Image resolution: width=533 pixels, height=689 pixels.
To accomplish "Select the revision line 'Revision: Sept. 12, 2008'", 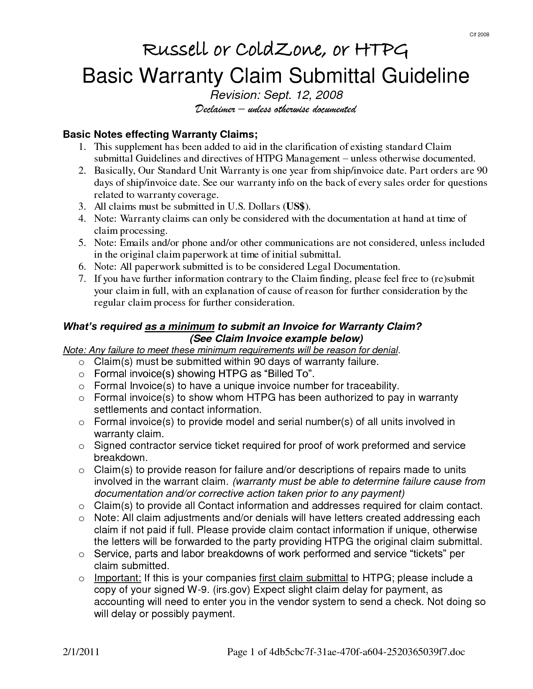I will pos(266,95).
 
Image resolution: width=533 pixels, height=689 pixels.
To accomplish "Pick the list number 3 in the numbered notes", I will pos(82,206).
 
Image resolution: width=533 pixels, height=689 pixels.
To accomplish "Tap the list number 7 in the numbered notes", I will pos(82,279).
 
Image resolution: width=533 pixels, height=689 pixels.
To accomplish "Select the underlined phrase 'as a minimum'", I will pos(180,327).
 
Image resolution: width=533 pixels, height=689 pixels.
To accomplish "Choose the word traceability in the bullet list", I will pos(365,385).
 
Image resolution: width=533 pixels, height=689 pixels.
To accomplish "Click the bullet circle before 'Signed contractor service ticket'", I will pos(82,446).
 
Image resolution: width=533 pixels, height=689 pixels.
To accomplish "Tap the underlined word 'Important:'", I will pos(117,578).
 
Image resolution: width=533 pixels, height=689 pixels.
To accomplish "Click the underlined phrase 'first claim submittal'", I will pos(303,578).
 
